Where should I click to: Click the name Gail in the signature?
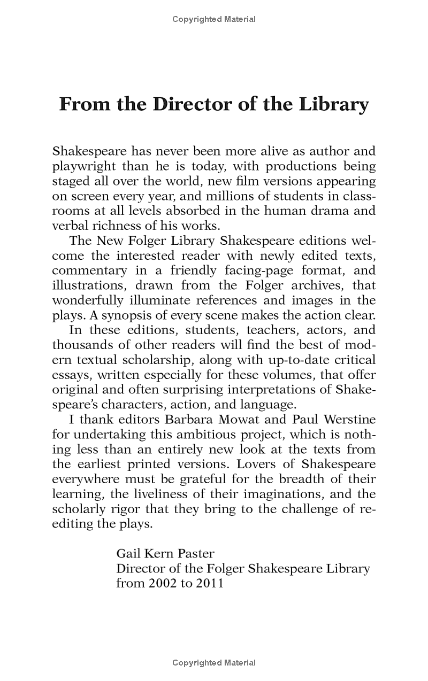(x=128, y=553)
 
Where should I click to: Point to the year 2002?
(x=163, y=583)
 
